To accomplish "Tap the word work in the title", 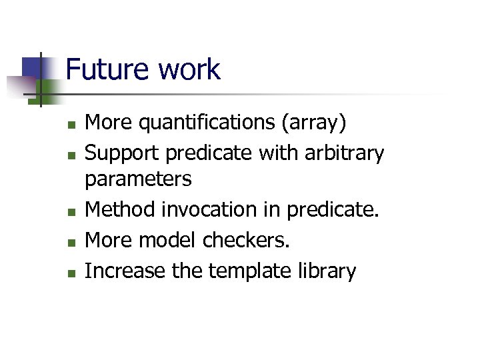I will tap(189, 69).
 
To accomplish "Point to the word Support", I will tap(123, 153).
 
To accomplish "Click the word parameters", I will tap(138, 179).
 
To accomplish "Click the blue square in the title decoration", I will tap(31, 67).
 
